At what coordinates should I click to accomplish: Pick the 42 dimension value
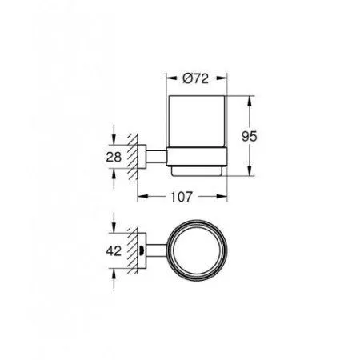[x=114, y=250]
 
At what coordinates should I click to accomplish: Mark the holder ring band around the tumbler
[x=197, y=156]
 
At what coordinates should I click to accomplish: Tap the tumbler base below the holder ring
[x=197, y=170]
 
